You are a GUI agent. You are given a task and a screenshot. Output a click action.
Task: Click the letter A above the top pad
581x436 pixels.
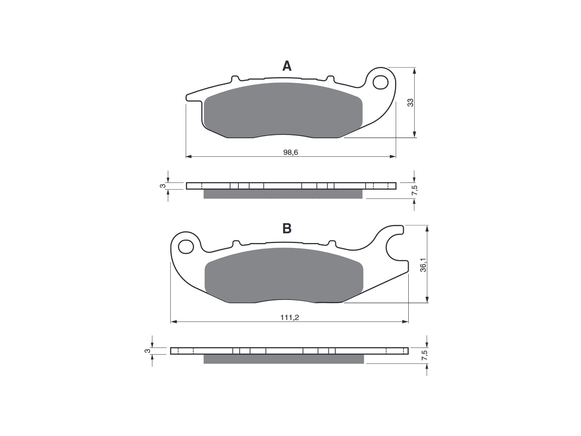[x=287, y=66]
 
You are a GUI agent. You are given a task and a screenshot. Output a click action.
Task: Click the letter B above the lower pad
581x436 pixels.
[x=287, y=228]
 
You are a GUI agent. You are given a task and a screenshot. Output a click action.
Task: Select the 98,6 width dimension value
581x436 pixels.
[x=290, y=152]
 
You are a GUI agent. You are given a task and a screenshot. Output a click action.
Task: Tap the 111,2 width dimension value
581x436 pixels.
[x=290, y=317]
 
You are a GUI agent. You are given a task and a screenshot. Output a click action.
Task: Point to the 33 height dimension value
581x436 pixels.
[x=410, y=103]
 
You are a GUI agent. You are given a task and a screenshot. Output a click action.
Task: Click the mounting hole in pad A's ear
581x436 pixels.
[x=380, y=82]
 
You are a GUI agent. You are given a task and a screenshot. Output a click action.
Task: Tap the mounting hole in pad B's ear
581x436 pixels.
[x=186, y=247]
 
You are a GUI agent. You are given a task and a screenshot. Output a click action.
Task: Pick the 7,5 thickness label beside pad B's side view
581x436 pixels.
[x=424, y=355]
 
